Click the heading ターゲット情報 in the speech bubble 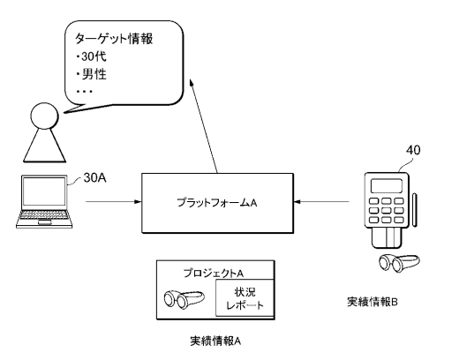click(114, 39)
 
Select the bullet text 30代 click(94, 56)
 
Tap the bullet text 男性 click(94, 74)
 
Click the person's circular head click(44, 116)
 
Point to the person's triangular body click(44, 146)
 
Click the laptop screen click(44, 191)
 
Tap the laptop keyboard click(44, 217)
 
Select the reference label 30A click(94, 178)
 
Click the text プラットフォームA click(217, 203)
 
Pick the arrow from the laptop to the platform click(114, 202)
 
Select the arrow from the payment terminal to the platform click(321, 202)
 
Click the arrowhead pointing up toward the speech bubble click(192, 83)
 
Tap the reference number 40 click(413, 150)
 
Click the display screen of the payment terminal click(387, 185)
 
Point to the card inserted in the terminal click(387, 237)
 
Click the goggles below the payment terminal click(399, 263)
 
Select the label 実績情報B click(373, 302)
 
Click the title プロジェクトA click(214, 274)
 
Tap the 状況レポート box click(245, 298)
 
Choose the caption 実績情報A click(215, 341)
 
